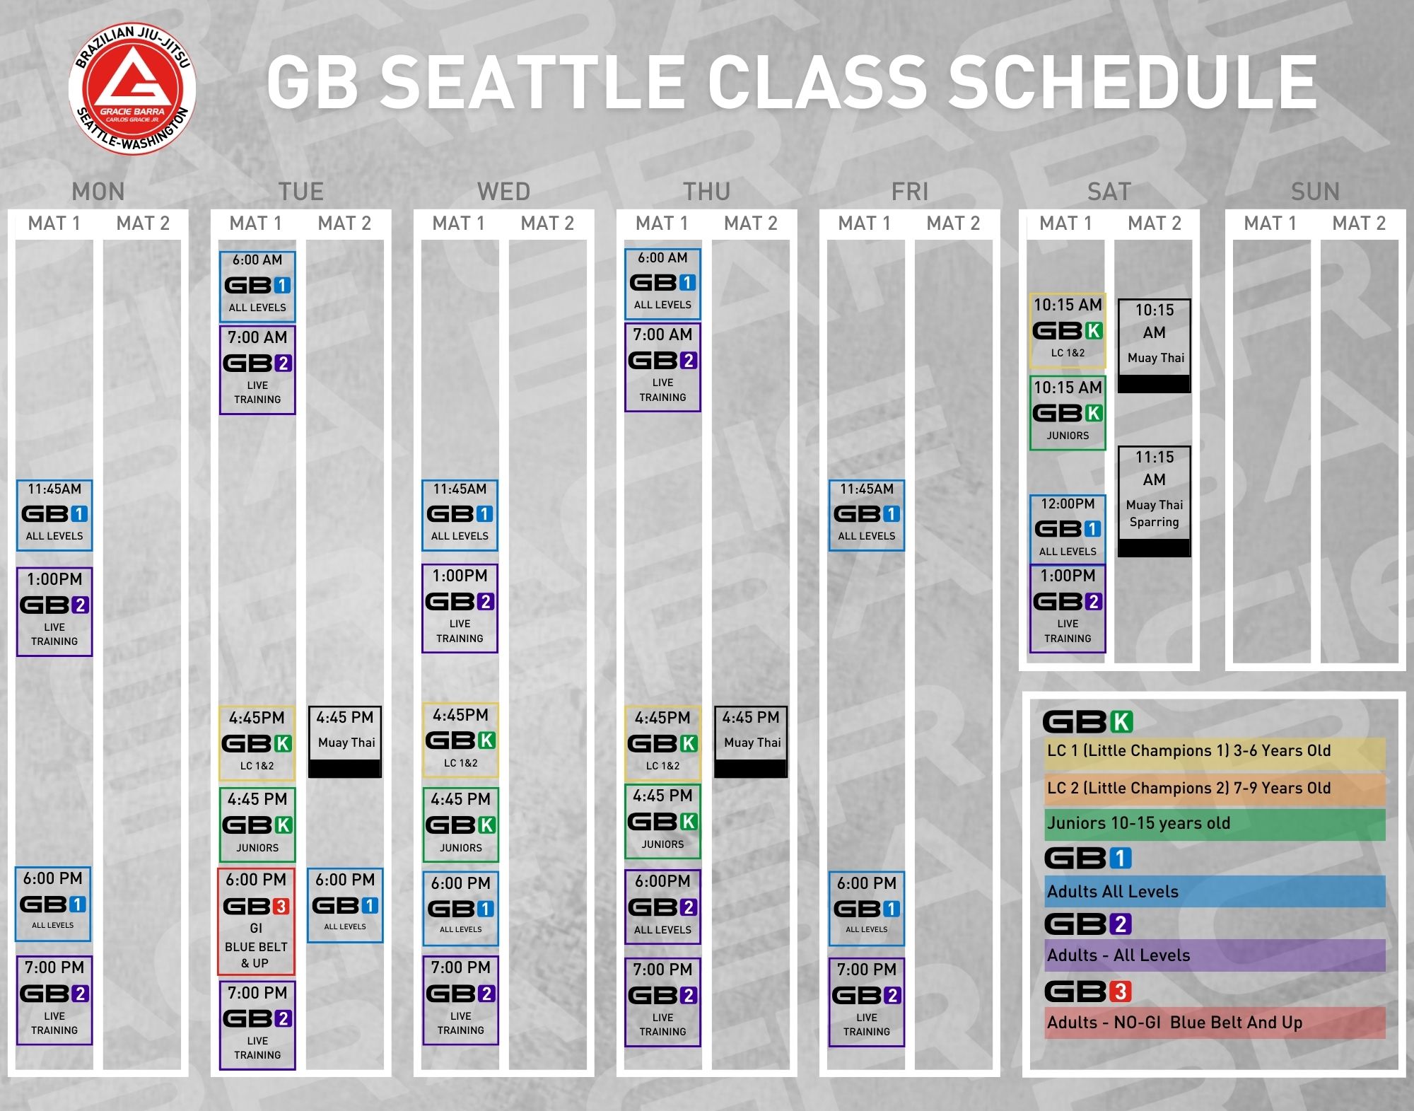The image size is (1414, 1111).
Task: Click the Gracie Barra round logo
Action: [x=132, y=89]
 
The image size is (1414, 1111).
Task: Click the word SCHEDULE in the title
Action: [x=1132, y=83]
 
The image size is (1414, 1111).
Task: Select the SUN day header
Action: [x=1315, y=192]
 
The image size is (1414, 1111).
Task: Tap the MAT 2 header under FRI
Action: [x=953, y=223]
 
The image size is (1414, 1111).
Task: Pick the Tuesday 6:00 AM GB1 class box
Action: [x=257, y=286]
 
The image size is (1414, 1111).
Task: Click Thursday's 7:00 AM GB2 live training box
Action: [x=662, y=367]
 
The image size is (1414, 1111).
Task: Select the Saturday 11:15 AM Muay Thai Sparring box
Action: [x=1154, y=501]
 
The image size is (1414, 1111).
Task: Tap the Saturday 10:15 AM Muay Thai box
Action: [x=1154, y=346]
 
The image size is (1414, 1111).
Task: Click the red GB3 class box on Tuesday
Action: [x=256, y=921]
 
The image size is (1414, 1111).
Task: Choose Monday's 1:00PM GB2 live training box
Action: [x=54, y=612]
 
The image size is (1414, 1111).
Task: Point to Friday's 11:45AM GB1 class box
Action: [x=866, y=516]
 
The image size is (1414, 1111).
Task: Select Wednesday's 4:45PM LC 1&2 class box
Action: [x=460, y=740]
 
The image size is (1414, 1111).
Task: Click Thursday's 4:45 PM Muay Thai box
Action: [x=751, y=742]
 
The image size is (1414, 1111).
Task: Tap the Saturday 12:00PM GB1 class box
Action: [x=1068, y=528]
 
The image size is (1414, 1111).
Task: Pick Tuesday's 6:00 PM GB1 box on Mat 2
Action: [x=345, y=905]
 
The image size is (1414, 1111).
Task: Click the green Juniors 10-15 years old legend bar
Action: [x=1215, y=824]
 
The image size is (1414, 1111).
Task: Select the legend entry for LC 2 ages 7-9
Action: [x=1215, y=789]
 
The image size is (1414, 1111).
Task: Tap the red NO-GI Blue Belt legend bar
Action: [x=1215, y=1023]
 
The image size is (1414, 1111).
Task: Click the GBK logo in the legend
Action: [x=1087, y=722]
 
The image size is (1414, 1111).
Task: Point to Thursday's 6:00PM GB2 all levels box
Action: [x=662, y=907]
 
